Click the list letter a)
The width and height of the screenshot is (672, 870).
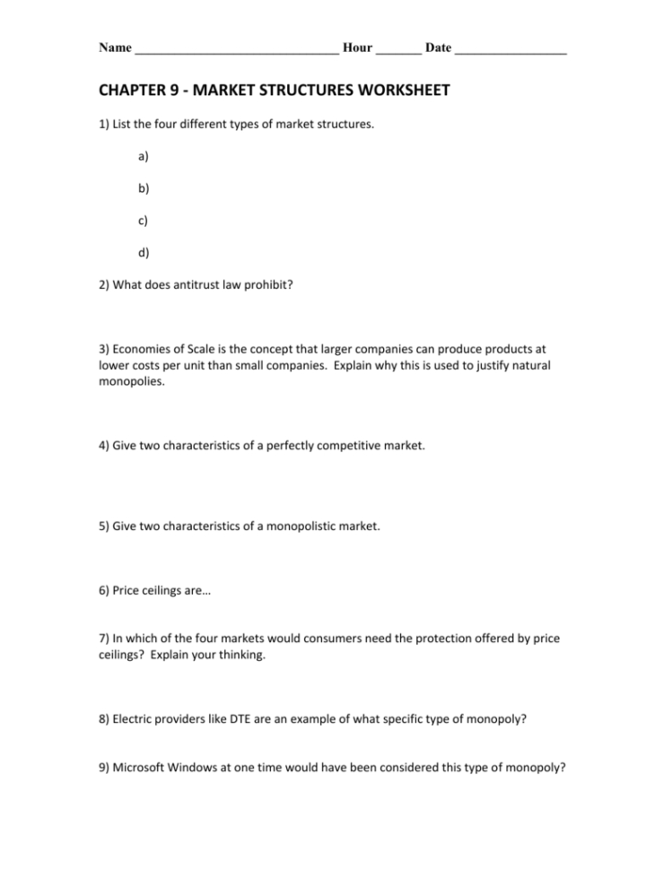(144, 156)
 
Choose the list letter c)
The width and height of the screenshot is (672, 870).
(144, 220)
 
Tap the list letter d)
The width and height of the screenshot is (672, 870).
(144, 252)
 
